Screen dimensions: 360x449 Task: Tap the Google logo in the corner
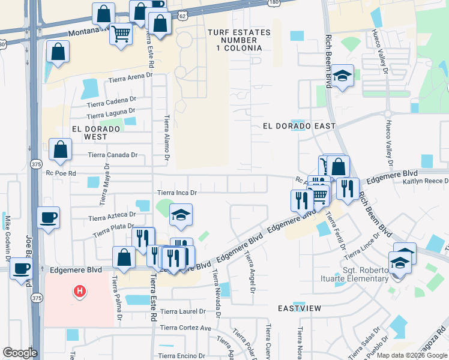coord(20,353)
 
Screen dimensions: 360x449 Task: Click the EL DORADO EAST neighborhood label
coord(299,126)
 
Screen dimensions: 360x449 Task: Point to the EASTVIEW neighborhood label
coord(300,308)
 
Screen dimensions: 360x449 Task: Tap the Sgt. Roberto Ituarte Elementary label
coord(366,275)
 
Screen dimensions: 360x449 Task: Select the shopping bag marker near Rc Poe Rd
coord(61,151)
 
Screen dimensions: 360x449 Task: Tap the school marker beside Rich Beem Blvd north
coord(342,76)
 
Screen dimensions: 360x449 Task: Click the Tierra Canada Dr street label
coord(113,155)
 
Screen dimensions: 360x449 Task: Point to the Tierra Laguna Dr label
coord(110,113)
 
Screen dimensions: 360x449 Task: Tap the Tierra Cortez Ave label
coord(185,328)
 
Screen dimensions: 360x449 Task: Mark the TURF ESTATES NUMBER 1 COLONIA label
coord(235,40)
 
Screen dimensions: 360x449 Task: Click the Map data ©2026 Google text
coord(411,355)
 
